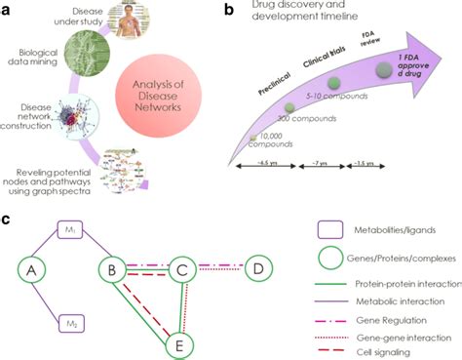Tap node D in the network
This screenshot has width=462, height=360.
coord(257,266)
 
